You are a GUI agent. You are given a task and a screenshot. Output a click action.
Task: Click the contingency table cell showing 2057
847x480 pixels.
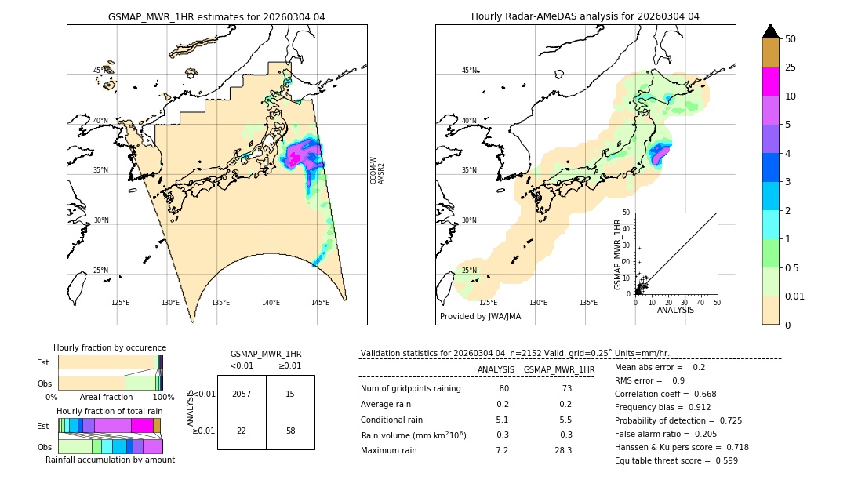(x=242, y=394)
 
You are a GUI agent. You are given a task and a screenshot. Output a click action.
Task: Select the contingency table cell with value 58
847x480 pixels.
(x=290, y=431)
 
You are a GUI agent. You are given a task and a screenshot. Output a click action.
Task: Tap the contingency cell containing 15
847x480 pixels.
(x=290, y=394)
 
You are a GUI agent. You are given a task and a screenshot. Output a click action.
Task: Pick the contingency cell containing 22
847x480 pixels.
(x=242, y=431)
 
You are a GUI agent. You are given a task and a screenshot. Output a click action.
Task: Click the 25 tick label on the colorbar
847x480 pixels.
(x=791, y=68)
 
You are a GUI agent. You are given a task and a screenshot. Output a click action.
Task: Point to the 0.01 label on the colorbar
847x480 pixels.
(x=795, y=296)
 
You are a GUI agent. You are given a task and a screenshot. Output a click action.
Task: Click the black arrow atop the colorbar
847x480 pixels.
(x=771, y=31)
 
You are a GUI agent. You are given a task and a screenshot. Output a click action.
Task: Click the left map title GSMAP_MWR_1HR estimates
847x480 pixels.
(x=216, y=16)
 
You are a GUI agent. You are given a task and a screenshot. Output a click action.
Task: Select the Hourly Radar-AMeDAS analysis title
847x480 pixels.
(x=585, y=16)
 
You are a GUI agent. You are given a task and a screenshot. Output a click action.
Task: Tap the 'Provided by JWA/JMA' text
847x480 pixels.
(x=480, y=316)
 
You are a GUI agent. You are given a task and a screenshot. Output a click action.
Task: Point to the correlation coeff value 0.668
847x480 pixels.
(x=700, y=394)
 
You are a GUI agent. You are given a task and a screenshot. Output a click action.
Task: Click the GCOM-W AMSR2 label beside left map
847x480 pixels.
(x=377, y=169)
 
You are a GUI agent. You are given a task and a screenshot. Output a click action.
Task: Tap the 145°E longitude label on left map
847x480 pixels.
(x=320, y=302)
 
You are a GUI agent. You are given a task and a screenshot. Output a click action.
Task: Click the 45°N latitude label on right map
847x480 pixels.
(x=468, y=71)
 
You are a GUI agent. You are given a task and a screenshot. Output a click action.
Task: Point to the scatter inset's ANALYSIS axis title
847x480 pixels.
(x=675, y=310)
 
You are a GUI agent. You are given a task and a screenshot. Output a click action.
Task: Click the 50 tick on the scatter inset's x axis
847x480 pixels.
(x=717, y=302)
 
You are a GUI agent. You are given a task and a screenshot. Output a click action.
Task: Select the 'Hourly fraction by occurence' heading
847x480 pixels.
(x=110, y=347)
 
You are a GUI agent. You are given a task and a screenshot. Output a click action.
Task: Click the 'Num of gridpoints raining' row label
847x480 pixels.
(x=411, y=389)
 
